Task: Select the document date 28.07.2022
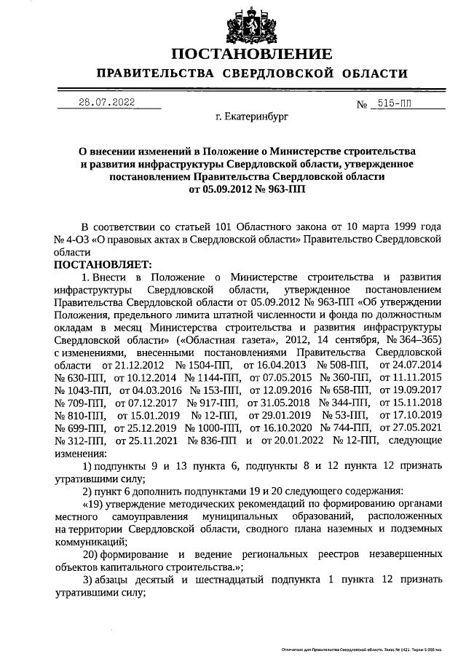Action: [x=107, y=103]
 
